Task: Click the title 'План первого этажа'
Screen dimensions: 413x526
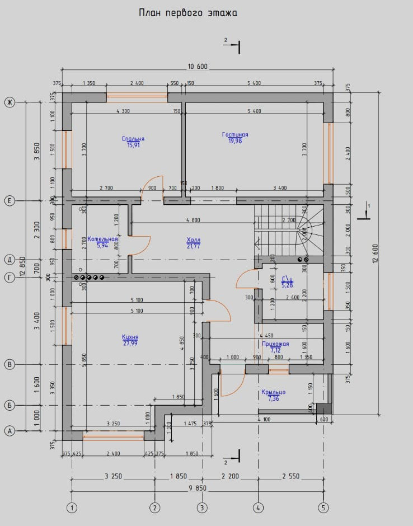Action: pyautogui.click(x=188, y=13)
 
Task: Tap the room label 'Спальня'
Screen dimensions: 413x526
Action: pyautogui.click(x=133, y=139)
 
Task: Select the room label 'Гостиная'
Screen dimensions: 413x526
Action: pyautogui.click(x=235, y=135)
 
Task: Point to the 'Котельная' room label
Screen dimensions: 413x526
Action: pyautogui.click(x=102, y=239)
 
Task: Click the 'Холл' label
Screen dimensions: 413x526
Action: pyautogui.click(x=193, y=240)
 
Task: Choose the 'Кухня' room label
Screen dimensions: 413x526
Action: pyautogui.click(x=130, y=337)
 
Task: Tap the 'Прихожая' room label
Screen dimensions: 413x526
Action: pyautogui.click(x=275, y=344)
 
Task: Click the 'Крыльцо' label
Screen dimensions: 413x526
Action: pyautogui.click(x=274, y=392)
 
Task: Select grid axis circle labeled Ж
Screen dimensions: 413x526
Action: pyautogui.click(x=9, y=102)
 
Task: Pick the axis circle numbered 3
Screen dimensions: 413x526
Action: pyautogui.click(x=202, y=508)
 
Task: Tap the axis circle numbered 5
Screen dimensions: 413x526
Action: pyautogui.click(x=323, y=508)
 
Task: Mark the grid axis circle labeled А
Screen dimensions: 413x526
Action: pyautogui.click(x=9, y=431)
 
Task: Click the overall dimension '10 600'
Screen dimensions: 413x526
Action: pyautogui.click(x=198, y=67)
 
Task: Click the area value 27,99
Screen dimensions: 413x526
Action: pyautogui.click(x=130, y=344)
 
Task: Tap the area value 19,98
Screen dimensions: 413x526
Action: pyautogui.click(x=235, y=141)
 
